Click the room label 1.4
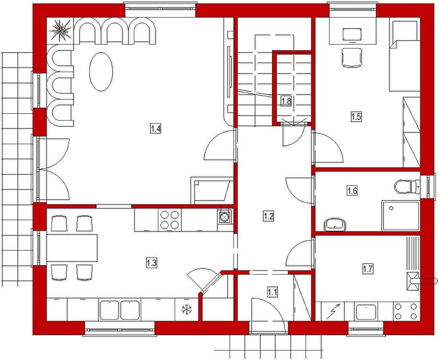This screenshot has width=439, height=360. click(156, 129)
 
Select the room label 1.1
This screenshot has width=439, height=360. click(272, 293)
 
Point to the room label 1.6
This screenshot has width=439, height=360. click(352, 191)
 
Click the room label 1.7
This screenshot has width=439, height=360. click(368, 269)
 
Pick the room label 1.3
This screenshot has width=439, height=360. click(151, 263)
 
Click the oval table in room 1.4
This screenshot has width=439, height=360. click(101, 71)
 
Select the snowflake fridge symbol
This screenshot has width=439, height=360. click(187, 309)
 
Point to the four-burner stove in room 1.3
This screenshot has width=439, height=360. click(169, 220)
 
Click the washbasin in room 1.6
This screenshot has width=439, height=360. click(335, 224)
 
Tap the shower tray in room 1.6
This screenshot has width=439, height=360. click(400, 215)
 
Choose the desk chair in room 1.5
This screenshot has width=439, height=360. click(352, 57)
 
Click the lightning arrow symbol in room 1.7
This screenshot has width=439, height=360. click(333, 311)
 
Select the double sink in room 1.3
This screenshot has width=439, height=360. click(120, 310)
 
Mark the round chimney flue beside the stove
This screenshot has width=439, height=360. click(224, 216)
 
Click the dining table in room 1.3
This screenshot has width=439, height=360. click(72, 248)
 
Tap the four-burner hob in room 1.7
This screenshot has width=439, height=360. click(406, 311)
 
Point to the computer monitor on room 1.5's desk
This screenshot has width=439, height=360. click(352, 34)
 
